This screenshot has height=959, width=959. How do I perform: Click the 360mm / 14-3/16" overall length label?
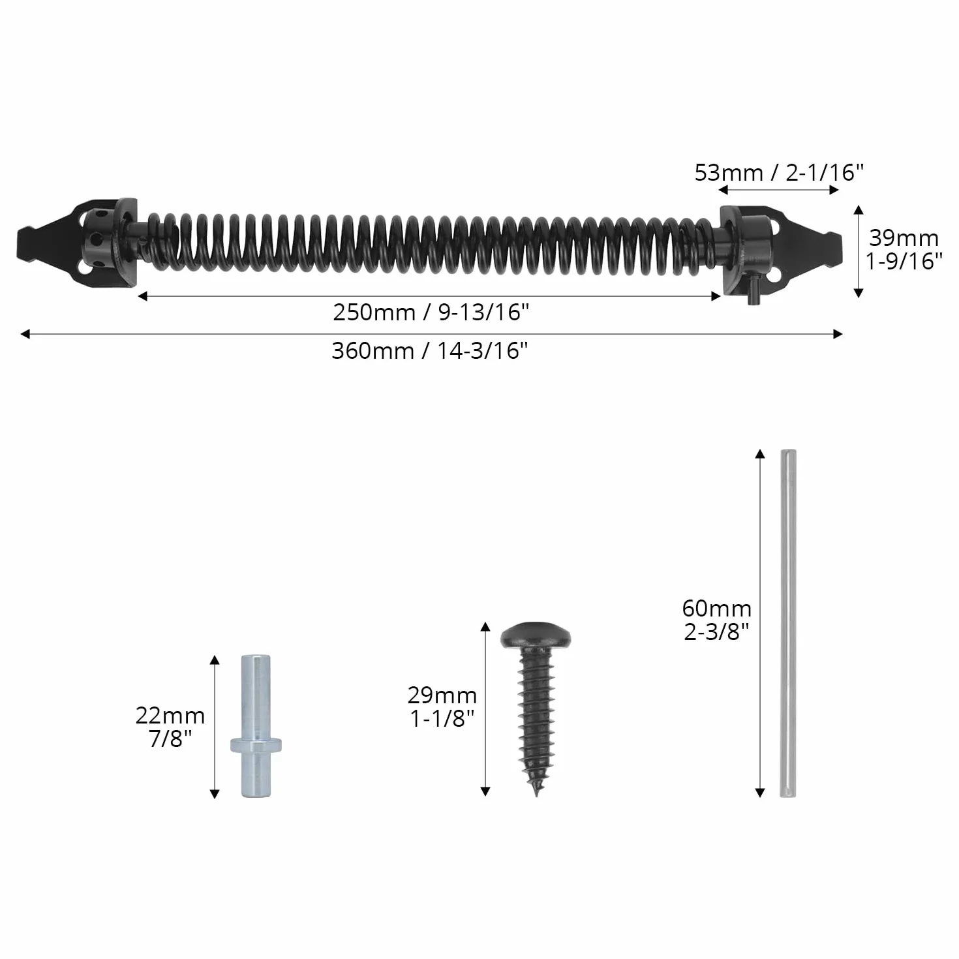pyautogui.click(x=429, y=351)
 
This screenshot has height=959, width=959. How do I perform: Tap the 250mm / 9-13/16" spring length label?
pyautogui.click(x=431, y=312)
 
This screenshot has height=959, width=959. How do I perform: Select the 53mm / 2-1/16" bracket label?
pyautogui.click(x=779, y=173)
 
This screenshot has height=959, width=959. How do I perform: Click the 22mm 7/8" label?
pyautogui.click(x=170, y=727)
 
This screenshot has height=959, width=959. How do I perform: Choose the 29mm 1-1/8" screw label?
pyautogui.click(x=442, y=707)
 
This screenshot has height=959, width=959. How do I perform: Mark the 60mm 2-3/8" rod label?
pyautogui.click(x=716, y=620)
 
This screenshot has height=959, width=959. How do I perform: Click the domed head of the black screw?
pyautogui.click(x=536, y=635)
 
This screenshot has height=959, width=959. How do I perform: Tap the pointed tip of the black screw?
pyautogui.click(x=536, y=794)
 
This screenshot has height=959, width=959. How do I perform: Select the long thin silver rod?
pyautogui.click(x=788, y=623)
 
